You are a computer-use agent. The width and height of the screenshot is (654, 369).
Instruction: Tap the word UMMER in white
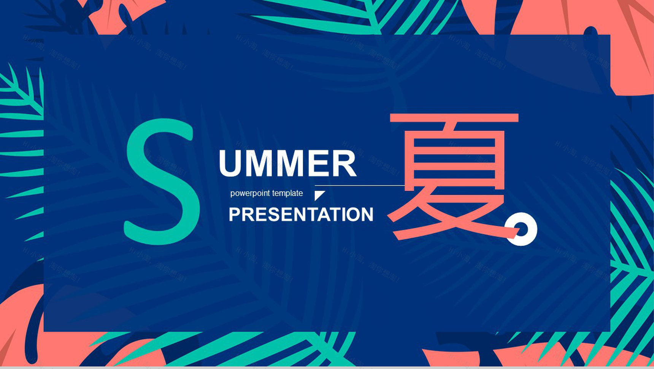pos(287,164)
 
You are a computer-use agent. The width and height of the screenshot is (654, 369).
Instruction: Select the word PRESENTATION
pos(301,214)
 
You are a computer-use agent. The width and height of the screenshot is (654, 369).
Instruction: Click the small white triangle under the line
pos(319,195)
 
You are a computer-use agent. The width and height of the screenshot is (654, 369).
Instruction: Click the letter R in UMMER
pos(344,164)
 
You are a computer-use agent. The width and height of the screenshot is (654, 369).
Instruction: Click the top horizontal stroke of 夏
pos(454,118)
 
